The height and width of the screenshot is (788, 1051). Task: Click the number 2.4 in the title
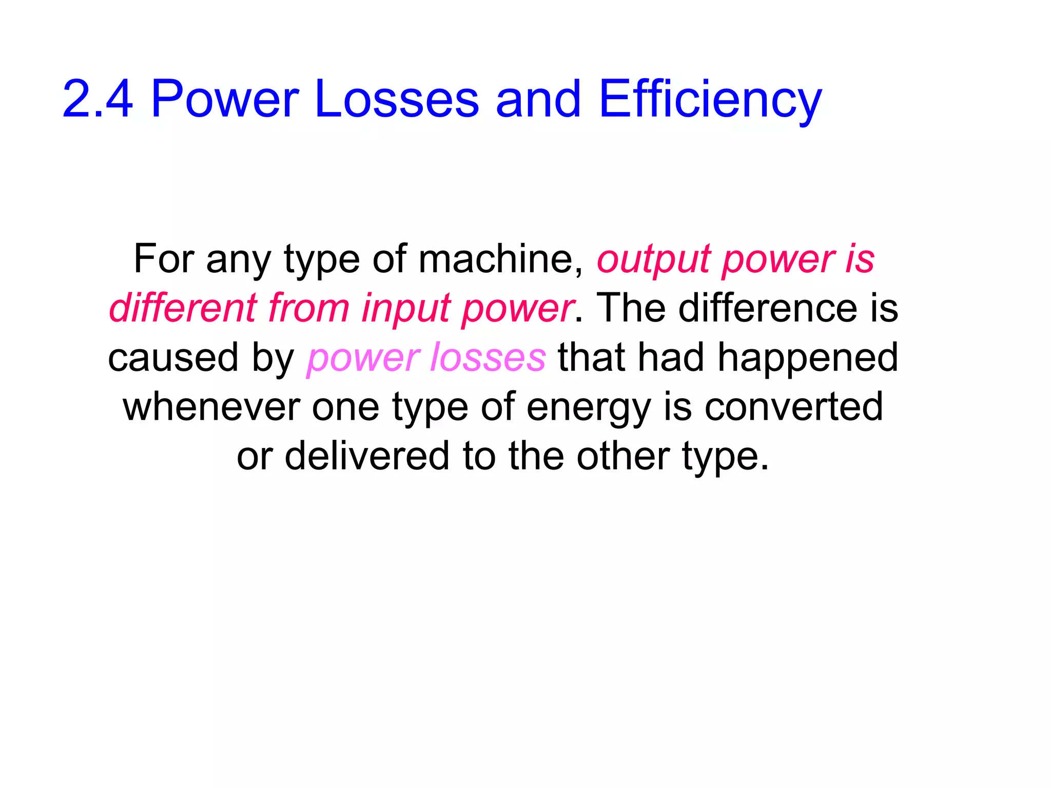click(x=98, y=99)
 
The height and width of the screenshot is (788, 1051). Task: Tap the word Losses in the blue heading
click(x=396, y=99)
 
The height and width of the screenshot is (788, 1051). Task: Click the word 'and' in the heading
click(x=538, y=99)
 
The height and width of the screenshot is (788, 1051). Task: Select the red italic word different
click(x=183, y=308)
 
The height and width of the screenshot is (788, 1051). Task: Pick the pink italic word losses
click(x=488, y=358)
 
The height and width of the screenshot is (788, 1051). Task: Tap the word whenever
click(x=211, y=407)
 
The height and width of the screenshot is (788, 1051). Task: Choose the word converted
click(x=793, y=407)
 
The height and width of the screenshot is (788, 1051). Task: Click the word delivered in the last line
click(x=367, y=456)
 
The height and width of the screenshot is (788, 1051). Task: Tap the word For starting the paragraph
click(x=164, y=259)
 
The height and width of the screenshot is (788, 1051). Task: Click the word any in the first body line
click(x=238, y=259)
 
